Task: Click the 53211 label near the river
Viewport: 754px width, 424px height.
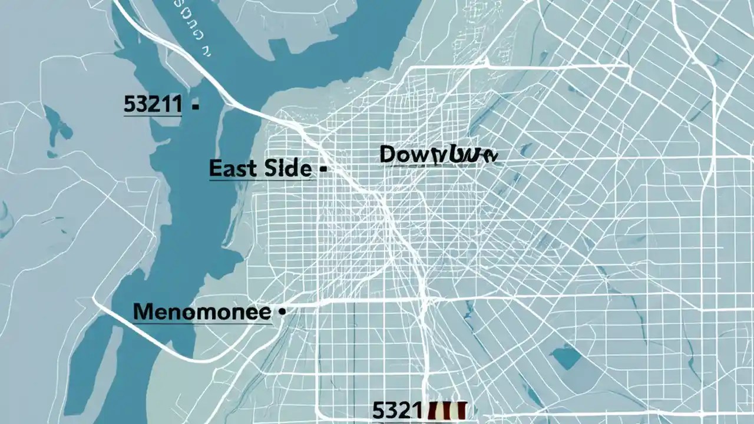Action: [153, 104]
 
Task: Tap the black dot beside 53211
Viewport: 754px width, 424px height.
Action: [196, 107]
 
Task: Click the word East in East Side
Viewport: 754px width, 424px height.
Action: [232, 168]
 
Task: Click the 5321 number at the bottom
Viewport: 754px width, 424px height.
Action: [397, 410]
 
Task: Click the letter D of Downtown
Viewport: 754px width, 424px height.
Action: [391, 154]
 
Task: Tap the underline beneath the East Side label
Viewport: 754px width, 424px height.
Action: [260, 179]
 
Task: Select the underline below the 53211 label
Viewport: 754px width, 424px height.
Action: [153, 115]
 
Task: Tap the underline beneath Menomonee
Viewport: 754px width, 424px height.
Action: [202, 322]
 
